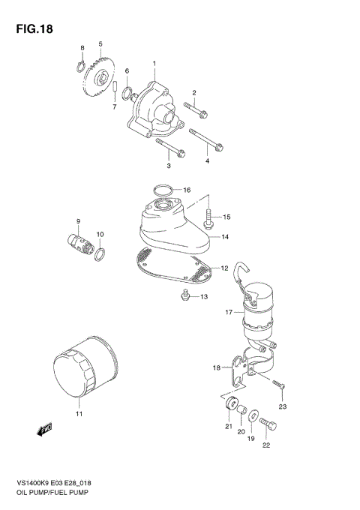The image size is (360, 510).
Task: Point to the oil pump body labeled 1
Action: [x=154, y=109]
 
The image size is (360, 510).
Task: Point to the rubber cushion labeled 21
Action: [x=226, y=408]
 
